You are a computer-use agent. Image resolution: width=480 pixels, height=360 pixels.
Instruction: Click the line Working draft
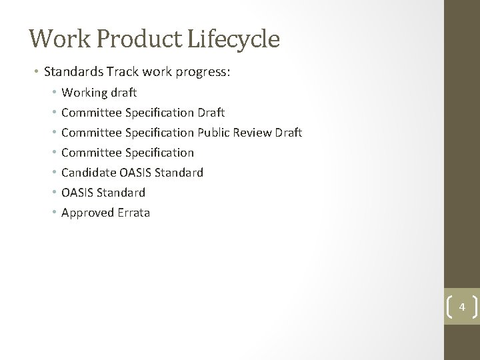click(x=99, y=93)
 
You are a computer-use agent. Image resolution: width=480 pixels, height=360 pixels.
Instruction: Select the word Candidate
click(x=89, y=173)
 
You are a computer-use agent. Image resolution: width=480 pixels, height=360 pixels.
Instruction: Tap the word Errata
click(x=132, y=213)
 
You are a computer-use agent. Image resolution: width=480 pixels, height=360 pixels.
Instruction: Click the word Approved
click(x=86, y=213)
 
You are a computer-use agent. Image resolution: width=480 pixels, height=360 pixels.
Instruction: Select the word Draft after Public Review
click(x=287, y=133)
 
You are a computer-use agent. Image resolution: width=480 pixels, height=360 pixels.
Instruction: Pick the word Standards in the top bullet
click(x=70, y=71)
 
